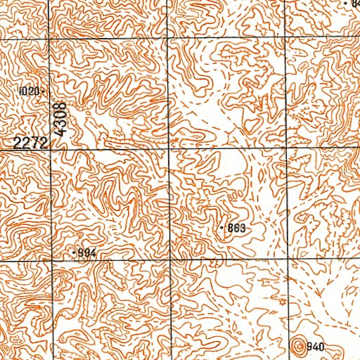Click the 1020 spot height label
click(x=31, y=91)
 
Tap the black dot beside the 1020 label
click(x=44, y=91)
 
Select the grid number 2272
click(x=30, y=143)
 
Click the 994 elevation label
click(x=86, y=252)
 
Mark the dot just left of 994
click(x=75, y=251)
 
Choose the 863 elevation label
click(x=236, y=229)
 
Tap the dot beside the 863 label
click(x=222, y=229)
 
